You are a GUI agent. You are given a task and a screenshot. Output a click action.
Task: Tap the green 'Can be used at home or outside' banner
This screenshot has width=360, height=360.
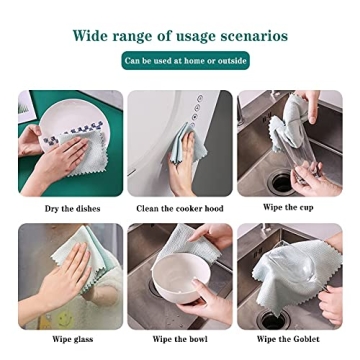tap(185, 61)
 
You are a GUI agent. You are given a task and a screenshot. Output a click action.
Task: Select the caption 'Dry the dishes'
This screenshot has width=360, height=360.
tap(71, 208)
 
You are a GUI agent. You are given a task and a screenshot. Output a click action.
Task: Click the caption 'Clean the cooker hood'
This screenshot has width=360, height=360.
tap(180, 208)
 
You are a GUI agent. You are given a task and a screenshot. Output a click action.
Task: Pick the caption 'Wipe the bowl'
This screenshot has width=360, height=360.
tap(179, 339)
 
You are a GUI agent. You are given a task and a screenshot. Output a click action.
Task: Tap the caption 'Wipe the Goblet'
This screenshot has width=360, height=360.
tap(288, 339)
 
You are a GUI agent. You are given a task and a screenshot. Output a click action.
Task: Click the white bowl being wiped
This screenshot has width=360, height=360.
tap(177, 283)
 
